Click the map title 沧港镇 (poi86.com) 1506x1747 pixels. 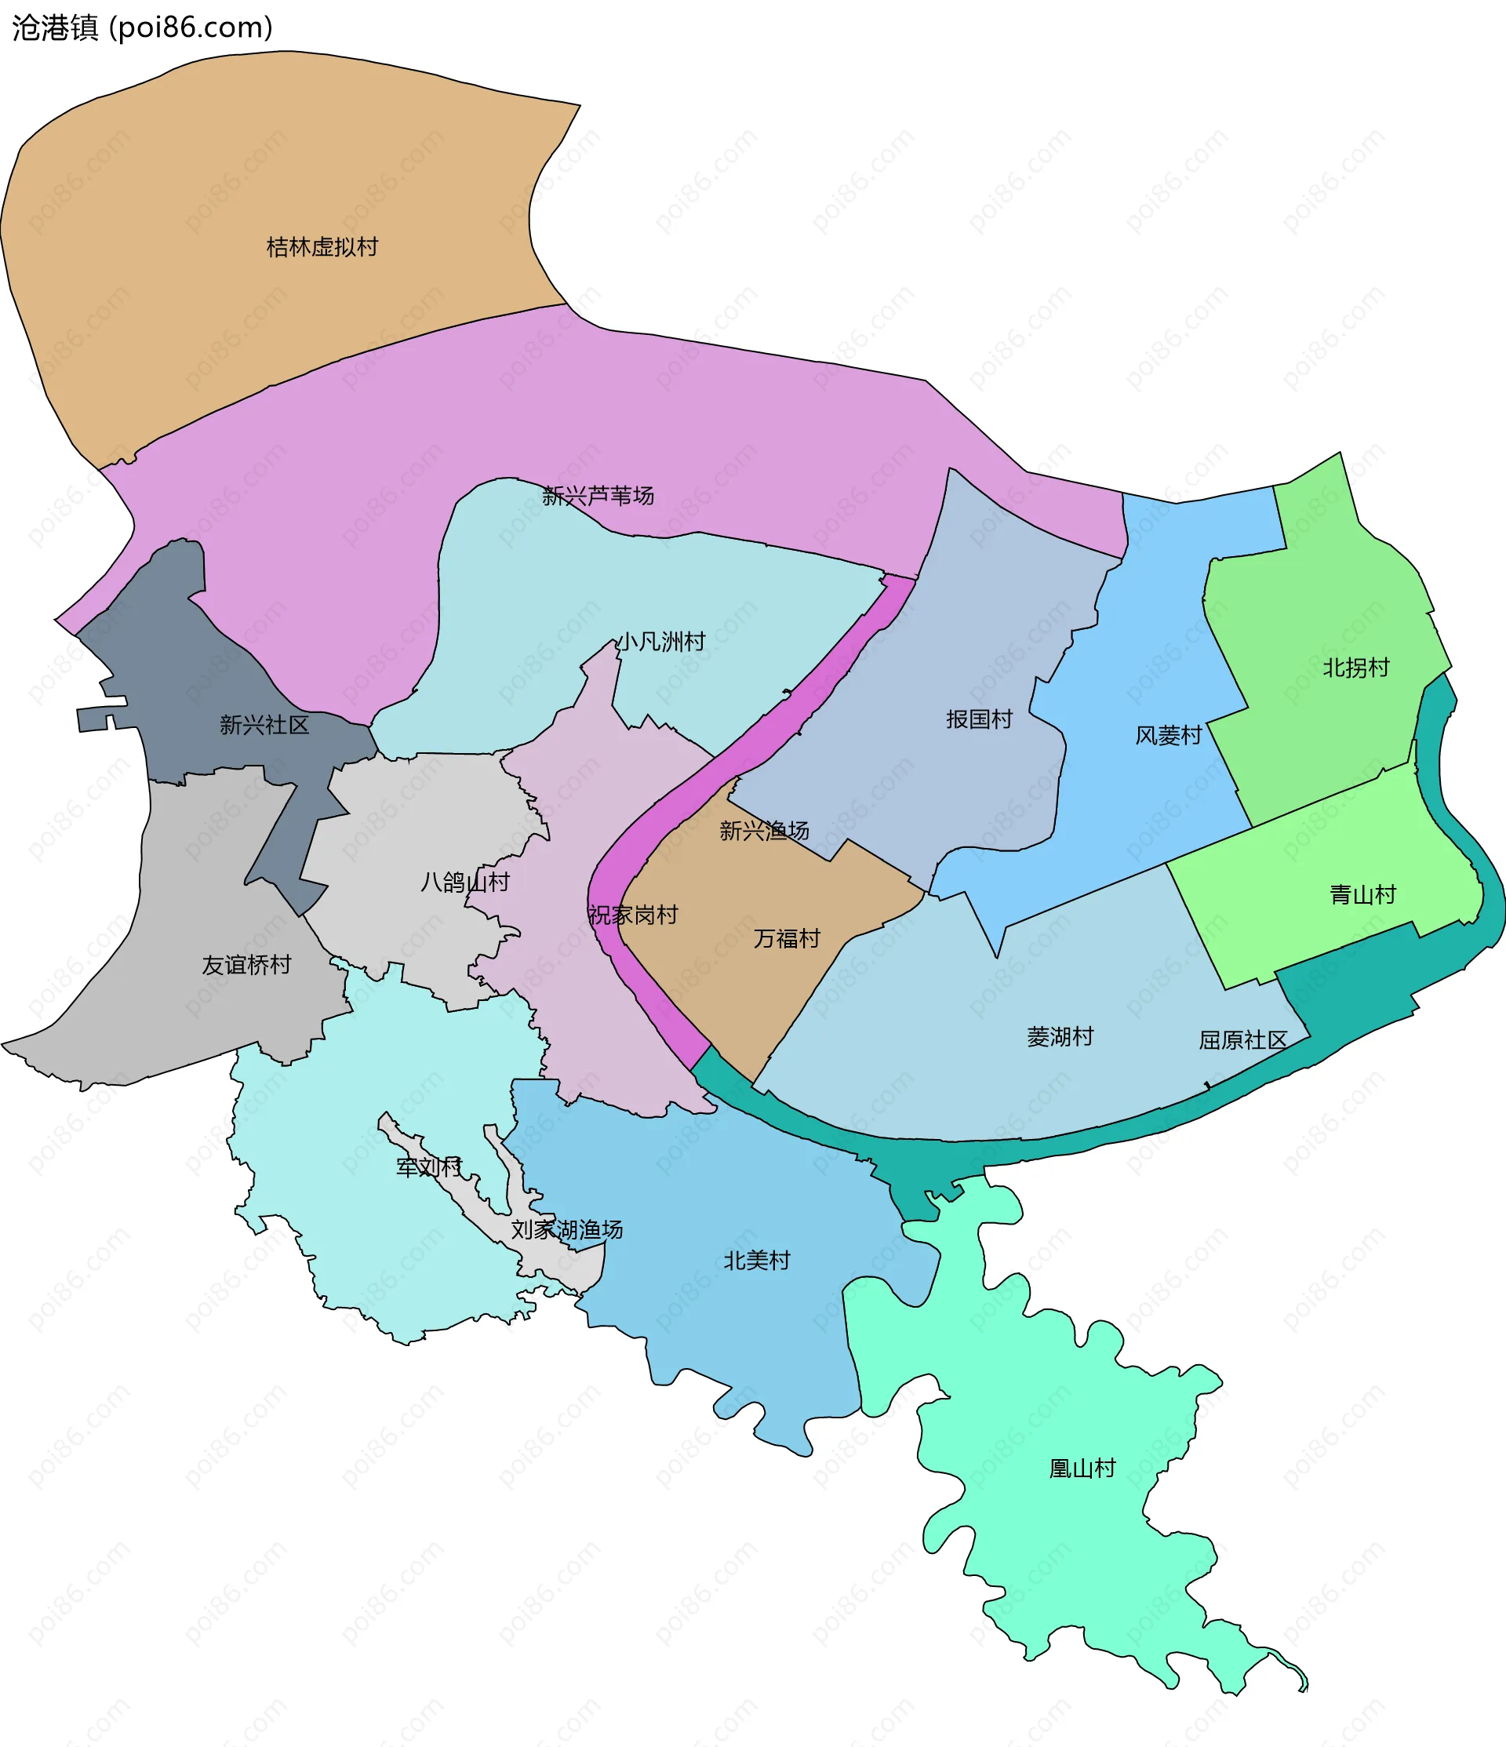143,27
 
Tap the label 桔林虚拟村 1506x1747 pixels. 322,247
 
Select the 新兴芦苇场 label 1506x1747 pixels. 598,496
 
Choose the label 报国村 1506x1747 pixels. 979,719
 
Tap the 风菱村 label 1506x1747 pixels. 1168,736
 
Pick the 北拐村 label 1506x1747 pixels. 1356,668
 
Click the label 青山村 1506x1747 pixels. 1362,894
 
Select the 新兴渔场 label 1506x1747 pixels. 764,832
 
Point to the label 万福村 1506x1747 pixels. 787,938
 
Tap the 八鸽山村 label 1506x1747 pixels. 464,882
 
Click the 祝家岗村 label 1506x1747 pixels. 632,915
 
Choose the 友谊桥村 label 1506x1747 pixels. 246,965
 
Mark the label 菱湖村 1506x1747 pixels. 1060,1036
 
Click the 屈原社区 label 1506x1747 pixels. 1243,1039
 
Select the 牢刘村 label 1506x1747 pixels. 429,1167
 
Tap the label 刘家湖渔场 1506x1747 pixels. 566,1229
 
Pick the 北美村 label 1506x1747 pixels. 756,1261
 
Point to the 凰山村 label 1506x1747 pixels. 1082,1468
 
